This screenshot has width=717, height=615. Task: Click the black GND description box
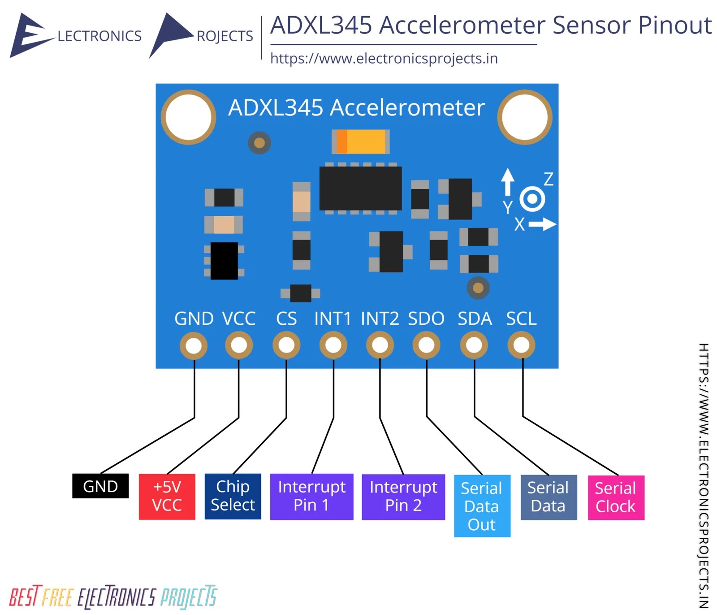coord(100,486)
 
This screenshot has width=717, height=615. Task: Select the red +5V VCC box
coord(167,496)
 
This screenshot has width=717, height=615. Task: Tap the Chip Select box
coord(233,496)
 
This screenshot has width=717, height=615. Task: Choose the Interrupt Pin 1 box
coord(311,496)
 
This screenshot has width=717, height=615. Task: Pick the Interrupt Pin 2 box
coord(403,497)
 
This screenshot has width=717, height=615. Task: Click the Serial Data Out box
coord(482,506)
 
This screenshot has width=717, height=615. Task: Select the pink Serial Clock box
coord(616,497)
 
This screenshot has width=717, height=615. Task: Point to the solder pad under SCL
coord(521,345)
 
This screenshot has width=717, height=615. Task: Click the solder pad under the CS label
coord(286,345)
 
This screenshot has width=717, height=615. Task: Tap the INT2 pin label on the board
coord(380,318)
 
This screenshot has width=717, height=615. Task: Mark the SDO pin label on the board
coord(426,318)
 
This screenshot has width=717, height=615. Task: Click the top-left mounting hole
coord(188,117)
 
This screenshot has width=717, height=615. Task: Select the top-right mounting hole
coord(524,117)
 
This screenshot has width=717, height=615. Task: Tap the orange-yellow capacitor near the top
coord(361,142)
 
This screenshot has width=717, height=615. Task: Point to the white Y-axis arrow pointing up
coord(507,182)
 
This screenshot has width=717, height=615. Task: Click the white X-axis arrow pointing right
coord(543,224)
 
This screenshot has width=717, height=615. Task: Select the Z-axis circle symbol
coord(532,198)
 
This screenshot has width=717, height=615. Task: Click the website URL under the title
coord(384,58)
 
